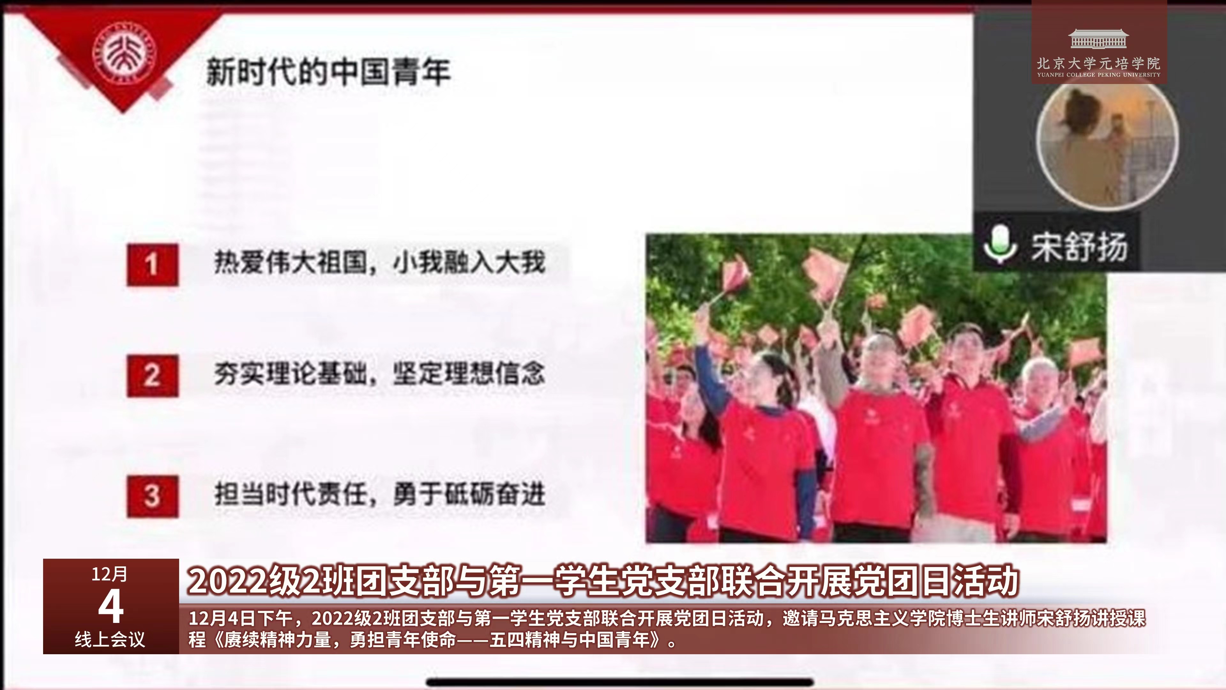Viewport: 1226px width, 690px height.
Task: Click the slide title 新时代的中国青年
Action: (x=328, y=72)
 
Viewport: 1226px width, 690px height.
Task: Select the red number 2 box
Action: (x=152, y=375)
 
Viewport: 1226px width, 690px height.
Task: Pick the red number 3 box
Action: (x=152, y=496)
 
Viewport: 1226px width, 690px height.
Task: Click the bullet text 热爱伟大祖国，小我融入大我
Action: (x=379, y=262)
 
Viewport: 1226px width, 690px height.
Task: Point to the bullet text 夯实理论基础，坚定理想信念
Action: (x=379, y=373)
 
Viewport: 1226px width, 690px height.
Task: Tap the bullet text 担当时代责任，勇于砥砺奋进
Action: (x=379, y=494)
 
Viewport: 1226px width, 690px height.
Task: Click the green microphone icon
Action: (x=1000, y=244)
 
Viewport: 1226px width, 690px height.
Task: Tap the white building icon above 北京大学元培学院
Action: (x=1098, y=39)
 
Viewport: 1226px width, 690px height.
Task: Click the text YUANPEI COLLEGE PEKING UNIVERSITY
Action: (x=1098, y=75)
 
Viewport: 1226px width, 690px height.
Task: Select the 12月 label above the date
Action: (x=110, y=574)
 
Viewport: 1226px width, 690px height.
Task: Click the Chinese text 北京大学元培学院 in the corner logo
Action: (x=1098, y=63)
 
